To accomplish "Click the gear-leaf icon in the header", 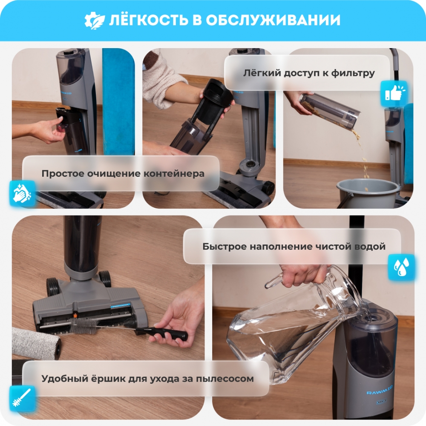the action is click(x=94, y=20).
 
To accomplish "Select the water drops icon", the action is click(x=401, y=267).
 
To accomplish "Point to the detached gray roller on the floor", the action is click(x=36, y=343).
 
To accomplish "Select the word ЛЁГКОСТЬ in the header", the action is click(x=149, y=20).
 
